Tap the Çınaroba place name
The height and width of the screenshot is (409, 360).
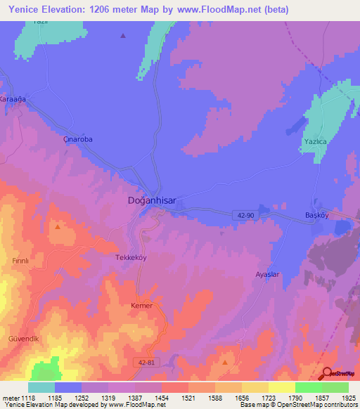coord(78,139)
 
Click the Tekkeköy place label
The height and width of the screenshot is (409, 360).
coord(130,257)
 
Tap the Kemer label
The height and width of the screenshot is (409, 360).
coord(141,306)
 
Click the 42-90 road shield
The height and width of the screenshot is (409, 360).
coord(245,216)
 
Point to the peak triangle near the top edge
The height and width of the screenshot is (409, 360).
coord(124,35)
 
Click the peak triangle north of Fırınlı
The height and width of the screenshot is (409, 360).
coord(58,226)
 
